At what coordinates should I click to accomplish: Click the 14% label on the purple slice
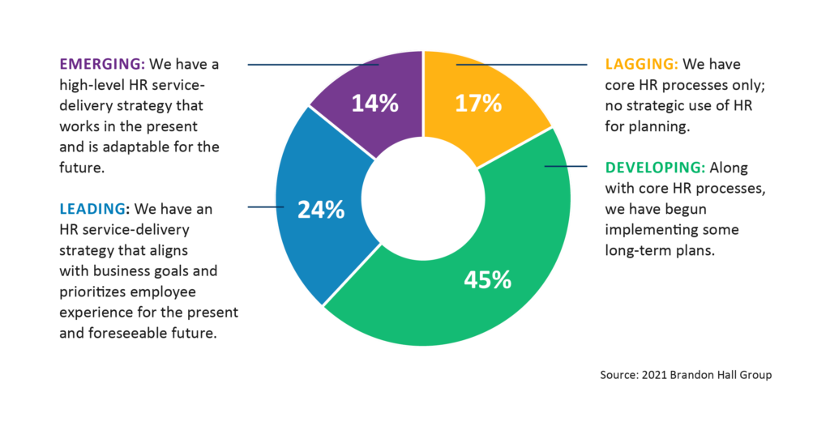tap(375, 103)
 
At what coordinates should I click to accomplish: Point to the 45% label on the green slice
tap(487, 279)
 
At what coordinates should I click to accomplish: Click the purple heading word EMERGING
tap(99, 64)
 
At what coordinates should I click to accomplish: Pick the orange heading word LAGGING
tap(642, 64)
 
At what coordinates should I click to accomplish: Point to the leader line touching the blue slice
tap(266, 207)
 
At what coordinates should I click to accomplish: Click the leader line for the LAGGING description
tap(527, 64)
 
